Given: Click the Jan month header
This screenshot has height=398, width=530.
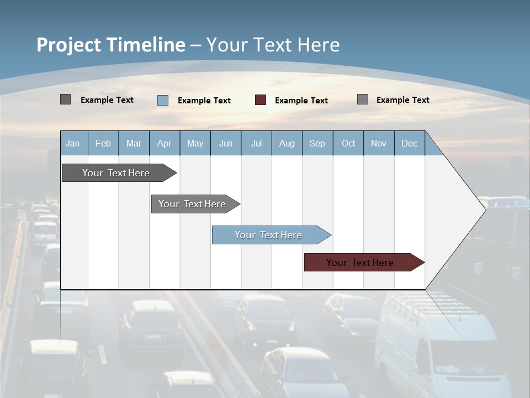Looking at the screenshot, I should (73, 143).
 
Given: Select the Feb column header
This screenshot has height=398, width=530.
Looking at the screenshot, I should (103, 143).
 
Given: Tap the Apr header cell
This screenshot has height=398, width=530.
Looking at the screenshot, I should (164, 143).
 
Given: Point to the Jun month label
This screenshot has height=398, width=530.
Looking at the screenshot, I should (226, 143).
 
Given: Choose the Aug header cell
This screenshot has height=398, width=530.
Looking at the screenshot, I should (287, 143).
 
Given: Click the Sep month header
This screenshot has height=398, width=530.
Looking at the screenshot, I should (317, 143).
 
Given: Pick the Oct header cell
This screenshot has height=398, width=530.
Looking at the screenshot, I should (348, 143).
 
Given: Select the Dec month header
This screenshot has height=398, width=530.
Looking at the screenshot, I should (409, 143).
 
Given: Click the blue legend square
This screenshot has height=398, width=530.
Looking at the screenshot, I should (163, 100).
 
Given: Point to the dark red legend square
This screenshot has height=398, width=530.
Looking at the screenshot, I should (261, 100).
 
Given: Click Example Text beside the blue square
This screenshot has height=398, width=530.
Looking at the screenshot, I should (204, 101).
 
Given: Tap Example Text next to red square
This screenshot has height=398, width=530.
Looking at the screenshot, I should (301, 101).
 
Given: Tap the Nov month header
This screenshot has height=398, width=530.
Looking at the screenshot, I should (379, 143).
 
